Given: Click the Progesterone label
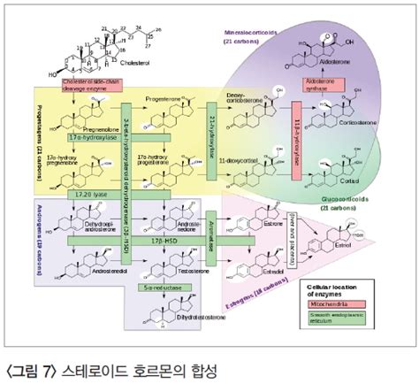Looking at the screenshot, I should click(x=164, y=97).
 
